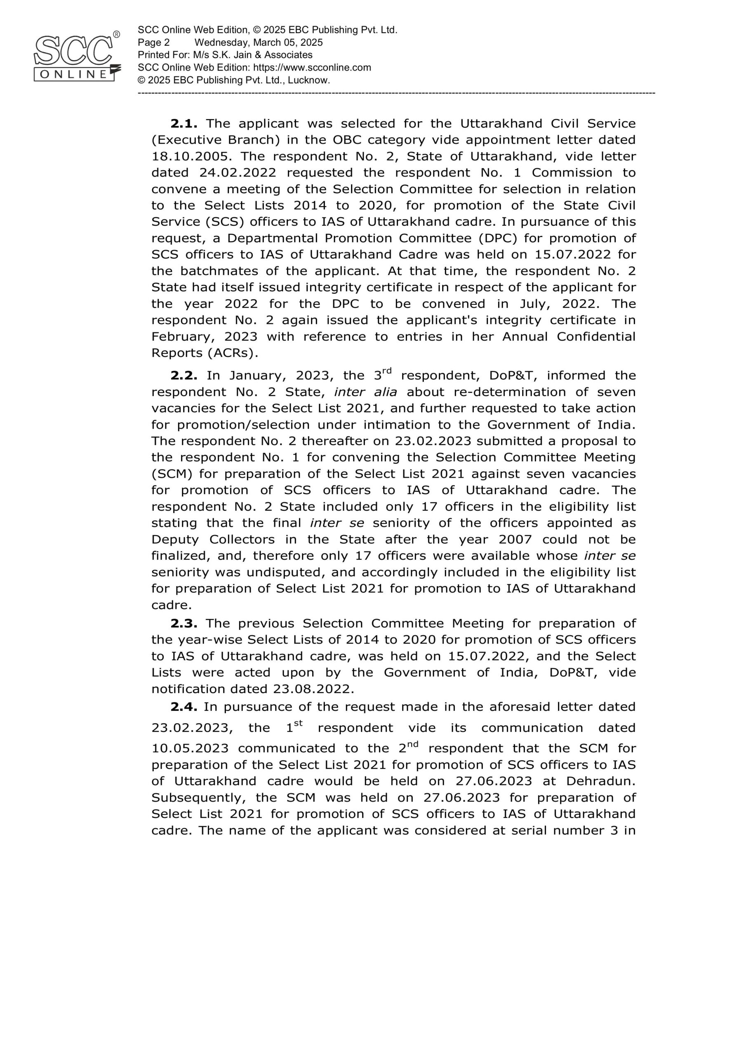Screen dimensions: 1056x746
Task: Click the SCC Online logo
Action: tap(76, 57)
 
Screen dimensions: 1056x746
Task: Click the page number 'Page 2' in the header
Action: tap(154, 43)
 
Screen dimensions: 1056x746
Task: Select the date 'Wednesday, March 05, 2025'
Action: tap(259, 43)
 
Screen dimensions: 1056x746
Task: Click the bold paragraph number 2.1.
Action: tap(184, 124)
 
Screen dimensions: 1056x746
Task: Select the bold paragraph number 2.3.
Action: tap(184, 624)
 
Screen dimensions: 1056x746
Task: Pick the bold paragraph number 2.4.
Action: tap(184, 707)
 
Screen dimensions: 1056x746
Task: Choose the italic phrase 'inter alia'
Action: tap(365, 392)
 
